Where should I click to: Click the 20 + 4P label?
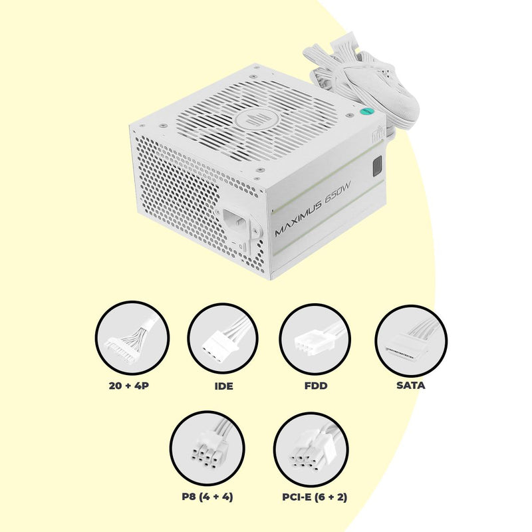(129, 386)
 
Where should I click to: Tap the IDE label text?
(223, 386)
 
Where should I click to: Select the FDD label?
(315, 386)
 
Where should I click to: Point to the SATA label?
(410, 385)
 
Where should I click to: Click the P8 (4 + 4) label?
(207, 497)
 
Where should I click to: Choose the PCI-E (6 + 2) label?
(315, 497)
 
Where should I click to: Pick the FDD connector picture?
(315, 339)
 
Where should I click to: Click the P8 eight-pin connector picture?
(207, 448)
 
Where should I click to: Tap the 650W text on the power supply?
(338, 194)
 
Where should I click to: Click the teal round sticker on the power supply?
(365, 111)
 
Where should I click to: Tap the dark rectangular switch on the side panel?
(377, 167)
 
